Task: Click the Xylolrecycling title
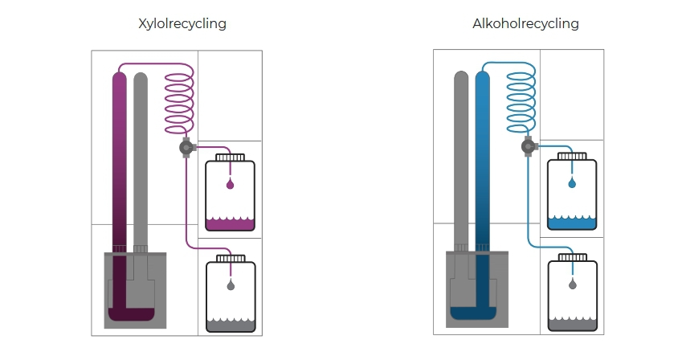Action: pyautogui.click(x=182, y=23)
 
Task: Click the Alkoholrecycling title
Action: pyautogui.click(x=525, y=23)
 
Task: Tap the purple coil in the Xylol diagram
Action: pyautogui.click(x=180, y=100)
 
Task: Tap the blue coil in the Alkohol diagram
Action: pyautogui.click(x=522, y=100)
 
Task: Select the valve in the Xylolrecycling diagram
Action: pyautogui.click(x=186, y=147)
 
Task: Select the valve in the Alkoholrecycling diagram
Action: pyautogui.click(x=528, y=147)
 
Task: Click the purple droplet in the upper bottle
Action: pyautogui.click(x=231, y=186)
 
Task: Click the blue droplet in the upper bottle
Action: pyautogui.click(x=572, y=184)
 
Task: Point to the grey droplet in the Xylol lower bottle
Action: pyautogui.click(x=231, y=285)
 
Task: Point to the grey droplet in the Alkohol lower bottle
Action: pyautogui.click(x=572, y=284)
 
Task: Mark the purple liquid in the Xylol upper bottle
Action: pyautogui.click(x=231, y=226)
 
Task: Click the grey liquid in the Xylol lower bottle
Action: pyautogui.click(x=231, y=326)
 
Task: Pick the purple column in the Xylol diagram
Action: pyautogui.click(x=120, y=161)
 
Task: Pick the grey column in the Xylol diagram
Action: pyautogui.click(x=141, y=161)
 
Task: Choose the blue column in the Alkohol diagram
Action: pyautogui.click(x=483, y=161)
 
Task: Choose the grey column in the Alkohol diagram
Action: pyautogui.click(x=461, y=161)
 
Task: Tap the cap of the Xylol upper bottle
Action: pyautogui.click(x=231, y=157)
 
